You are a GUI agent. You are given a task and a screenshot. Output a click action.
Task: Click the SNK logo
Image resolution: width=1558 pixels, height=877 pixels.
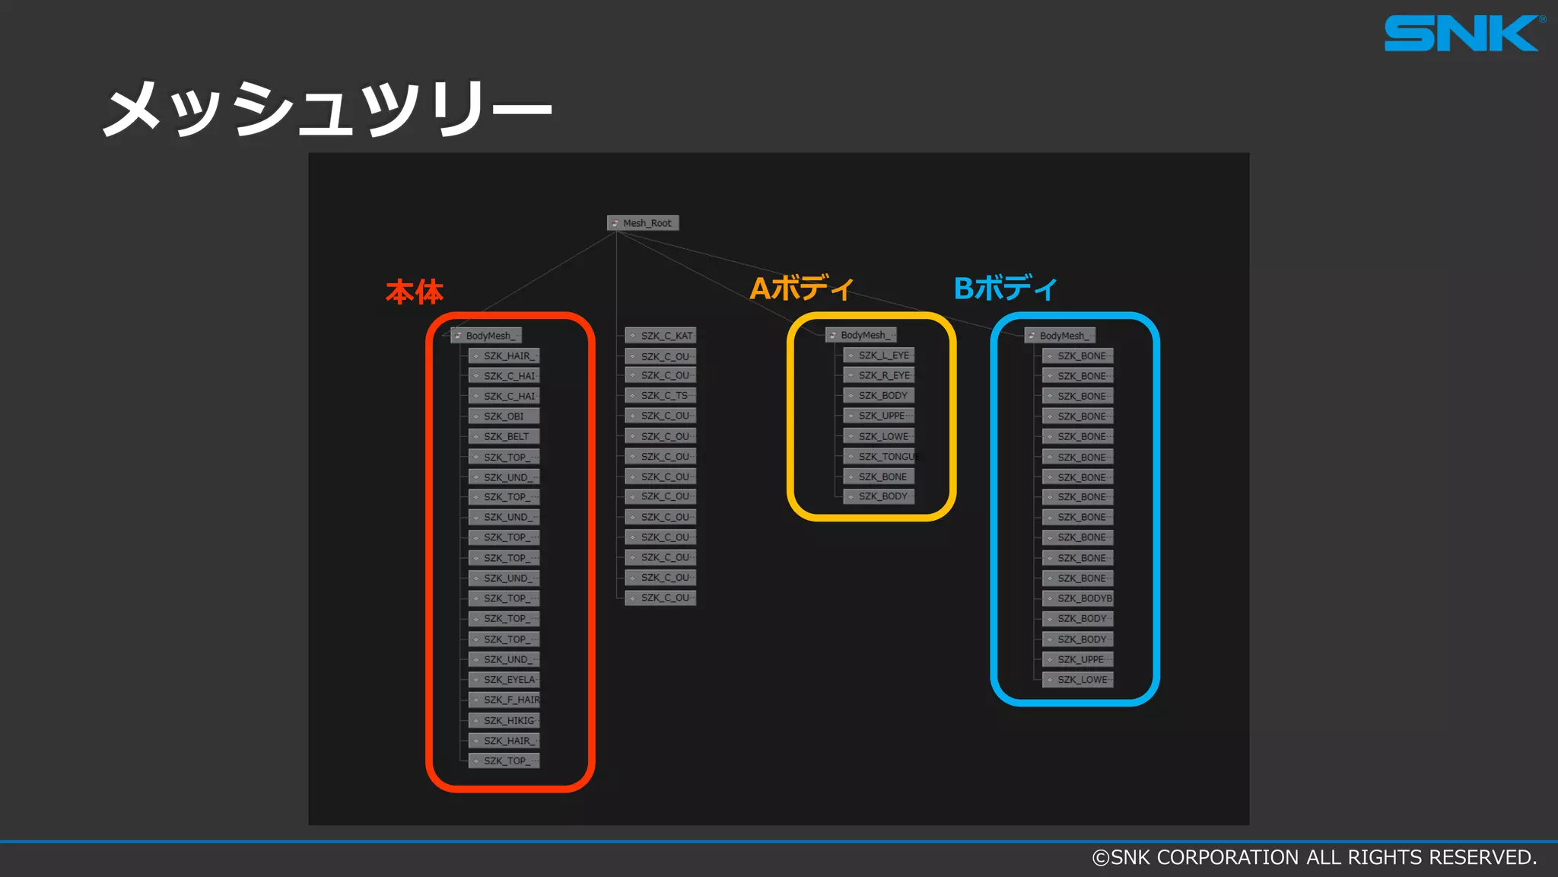1461,33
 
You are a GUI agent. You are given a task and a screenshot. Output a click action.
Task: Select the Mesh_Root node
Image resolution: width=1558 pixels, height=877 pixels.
643,223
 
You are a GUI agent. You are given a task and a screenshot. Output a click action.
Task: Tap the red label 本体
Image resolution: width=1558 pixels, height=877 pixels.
415,292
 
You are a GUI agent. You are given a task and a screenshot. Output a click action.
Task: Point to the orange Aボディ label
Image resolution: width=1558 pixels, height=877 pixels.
801,289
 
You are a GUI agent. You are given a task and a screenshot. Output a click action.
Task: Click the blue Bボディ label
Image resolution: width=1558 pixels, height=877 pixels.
1005,289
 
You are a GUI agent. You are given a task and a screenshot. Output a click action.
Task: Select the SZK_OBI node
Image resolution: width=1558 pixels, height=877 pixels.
504,416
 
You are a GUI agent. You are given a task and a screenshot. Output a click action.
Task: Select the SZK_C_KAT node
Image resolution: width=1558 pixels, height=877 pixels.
660,336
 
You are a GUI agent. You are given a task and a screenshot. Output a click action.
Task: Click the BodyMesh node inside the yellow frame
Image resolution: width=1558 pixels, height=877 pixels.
861,335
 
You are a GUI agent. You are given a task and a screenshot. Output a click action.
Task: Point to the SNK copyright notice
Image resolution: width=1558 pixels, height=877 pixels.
1314,858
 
